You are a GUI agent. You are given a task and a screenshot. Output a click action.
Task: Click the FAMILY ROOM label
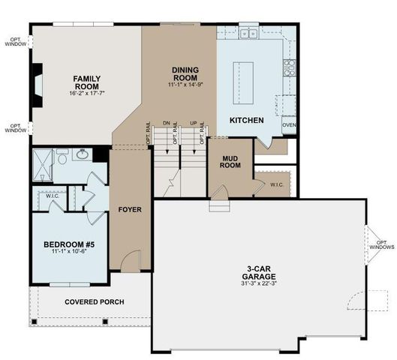click(87, 82)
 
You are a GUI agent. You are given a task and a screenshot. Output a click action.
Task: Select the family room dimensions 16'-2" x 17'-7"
click(87, 93)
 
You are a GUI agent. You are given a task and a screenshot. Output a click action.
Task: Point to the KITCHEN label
click(247, 120)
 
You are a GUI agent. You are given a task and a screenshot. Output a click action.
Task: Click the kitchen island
click(247, 77)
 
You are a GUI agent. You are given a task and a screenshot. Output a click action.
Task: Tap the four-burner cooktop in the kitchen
click(290, 69)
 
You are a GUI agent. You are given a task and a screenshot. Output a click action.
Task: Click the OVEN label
click(289, 125)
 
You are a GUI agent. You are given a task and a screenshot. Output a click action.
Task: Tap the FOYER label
click(130, 209)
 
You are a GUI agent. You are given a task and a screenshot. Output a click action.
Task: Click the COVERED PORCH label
click(95, 302)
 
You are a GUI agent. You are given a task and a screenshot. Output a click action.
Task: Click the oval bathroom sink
click(83, 155)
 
